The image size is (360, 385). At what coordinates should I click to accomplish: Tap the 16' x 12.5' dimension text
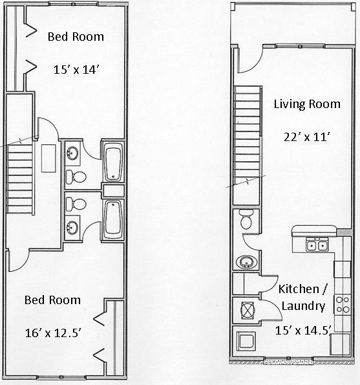coord(52,333)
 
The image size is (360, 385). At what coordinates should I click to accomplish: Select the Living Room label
coord(306,104)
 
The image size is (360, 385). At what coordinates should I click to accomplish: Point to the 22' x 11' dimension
coord(307,137)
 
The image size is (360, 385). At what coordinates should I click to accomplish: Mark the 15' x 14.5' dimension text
coord(303,330)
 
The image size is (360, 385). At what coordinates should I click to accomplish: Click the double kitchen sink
coord(317,245)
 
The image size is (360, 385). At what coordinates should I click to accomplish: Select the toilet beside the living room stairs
coord(246,219)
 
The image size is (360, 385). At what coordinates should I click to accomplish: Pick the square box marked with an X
coord(246,309)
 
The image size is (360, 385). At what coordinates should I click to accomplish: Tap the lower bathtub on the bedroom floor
coord(113,218)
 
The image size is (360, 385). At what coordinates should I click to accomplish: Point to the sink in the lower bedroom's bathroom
coord(73,226)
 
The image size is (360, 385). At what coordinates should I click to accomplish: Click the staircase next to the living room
coord(246,137)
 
